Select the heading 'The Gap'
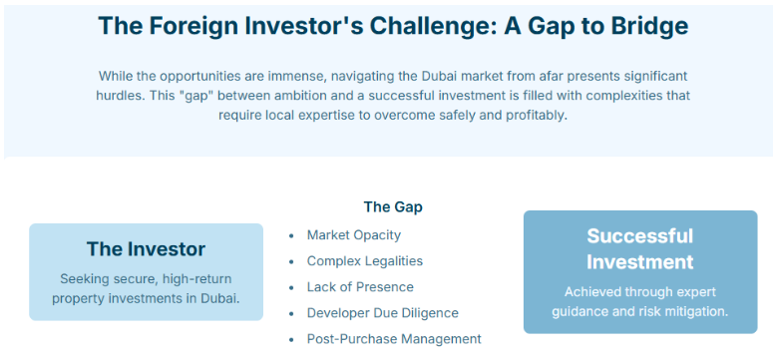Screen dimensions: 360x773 pos(392,207)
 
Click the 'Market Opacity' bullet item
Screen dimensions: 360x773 pos(353,235)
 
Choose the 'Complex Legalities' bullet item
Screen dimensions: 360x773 pos(364,261)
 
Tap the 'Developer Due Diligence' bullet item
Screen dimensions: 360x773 pos(382,313)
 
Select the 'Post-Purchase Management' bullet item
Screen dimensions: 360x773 pos(393,339)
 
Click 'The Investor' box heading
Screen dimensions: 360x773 pos(146,249)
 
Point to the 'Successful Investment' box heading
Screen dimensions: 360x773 pos(639,249)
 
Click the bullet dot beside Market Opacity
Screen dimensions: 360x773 pos(291,236)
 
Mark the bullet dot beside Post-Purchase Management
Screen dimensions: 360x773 pos(291,340)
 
